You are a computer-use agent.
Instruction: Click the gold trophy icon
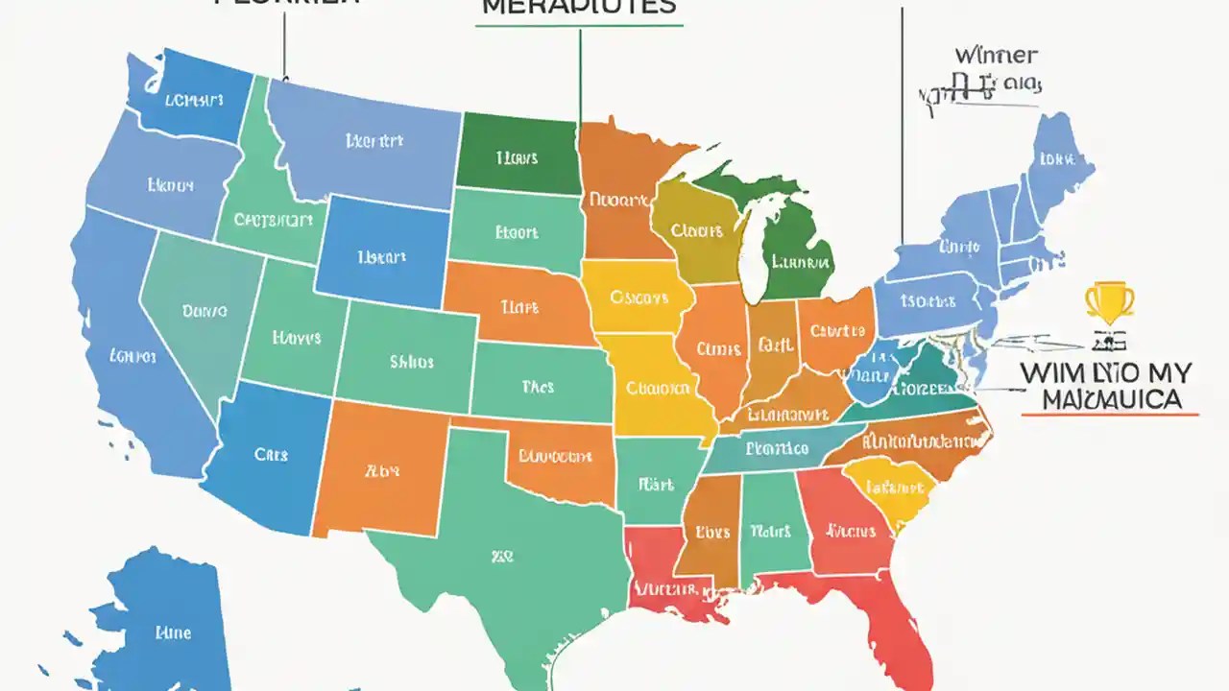point(1109,301)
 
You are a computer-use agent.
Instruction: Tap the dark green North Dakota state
point(518,152)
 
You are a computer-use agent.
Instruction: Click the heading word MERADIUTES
point(579,7)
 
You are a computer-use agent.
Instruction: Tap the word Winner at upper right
point(995,56)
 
